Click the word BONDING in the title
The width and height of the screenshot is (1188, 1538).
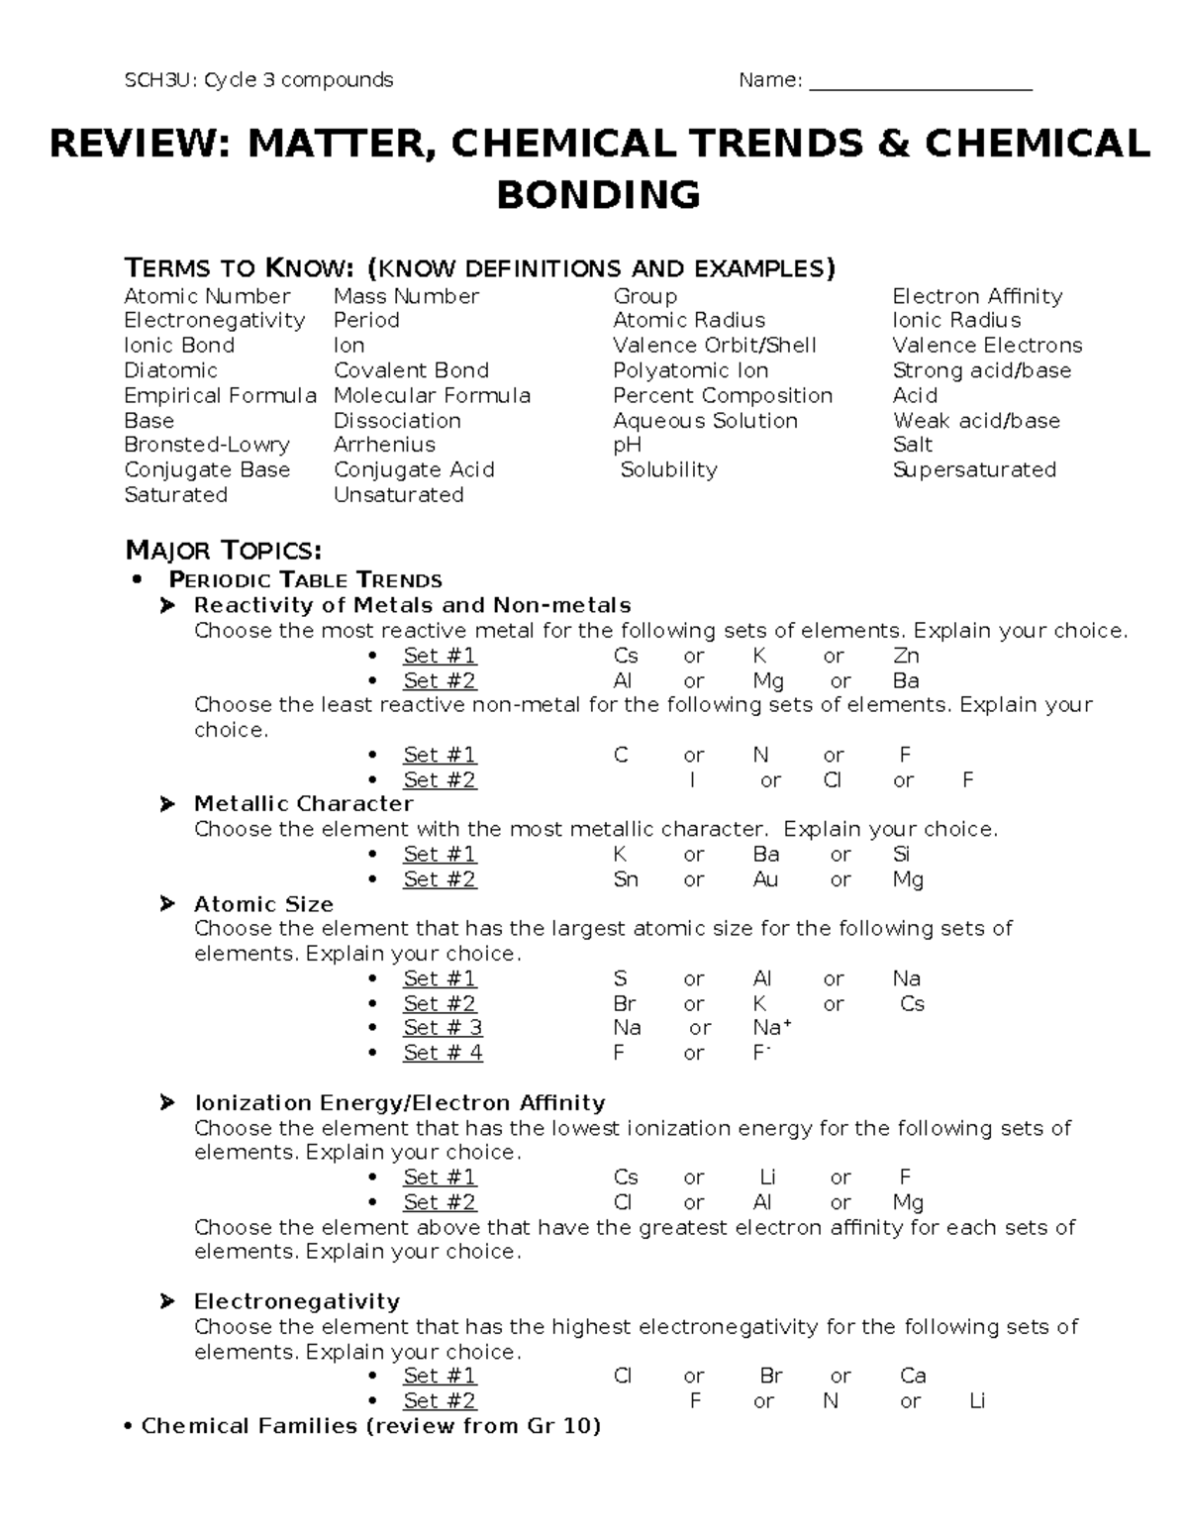click(x=598, y=194)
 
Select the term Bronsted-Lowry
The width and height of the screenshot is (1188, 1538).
click(x=207, y=445)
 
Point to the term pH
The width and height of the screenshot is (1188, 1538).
click(x=627, y=446)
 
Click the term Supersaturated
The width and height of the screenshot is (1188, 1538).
click(x=974, y=469)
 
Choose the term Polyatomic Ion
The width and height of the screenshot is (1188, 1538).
click(x=690, y=370)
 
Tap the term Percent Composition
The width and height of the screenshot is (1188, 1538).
click(x=723, y=395)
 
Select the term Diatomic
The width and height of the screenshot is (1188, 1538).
click(x=170, y=370)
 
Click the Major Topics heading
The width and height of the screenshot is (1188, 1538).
click(x=223, y=551)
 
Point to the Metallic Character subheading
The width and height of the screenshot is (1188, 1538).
click(x=303, y=803)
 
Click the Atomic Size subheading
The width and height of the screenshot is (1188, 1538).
click(x=263, y=903)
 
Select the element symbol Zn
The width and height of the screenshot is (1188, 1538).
click(x=906, y=656)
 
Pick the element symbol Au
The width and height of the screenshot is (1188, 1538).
click(x=765, y=879)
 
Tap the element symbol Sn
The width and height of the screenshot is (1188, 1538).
click(x=626, y=879)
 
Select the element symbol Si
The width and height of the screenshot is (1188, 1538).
click(x=901, y=854)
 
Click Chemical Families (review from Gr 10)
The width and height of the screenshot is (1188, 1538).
click(x=371, y=1426)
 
